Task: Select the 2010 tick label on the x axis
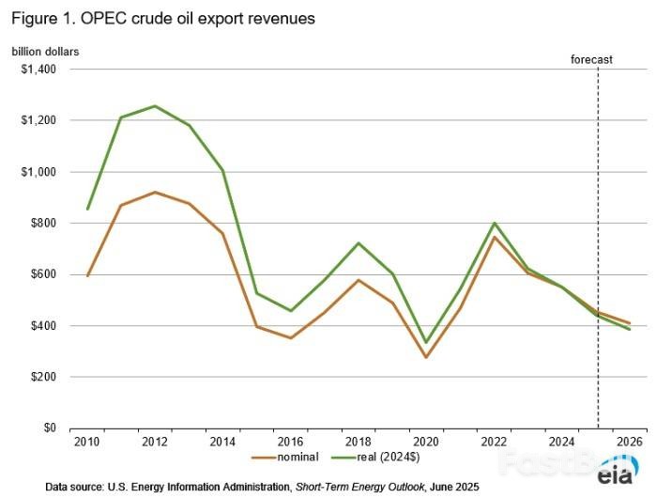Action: (87, 441)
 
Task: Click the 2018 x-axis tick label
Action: (359, 441)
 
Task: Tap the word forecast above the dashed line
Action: (591, 59)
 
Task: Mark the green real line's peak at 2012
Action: (155, 106)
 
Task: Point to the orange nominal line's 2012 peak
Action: (155, 192)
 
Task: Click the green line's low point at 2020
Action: (426, 343)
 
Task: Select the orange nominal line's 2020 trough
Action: (426, 357)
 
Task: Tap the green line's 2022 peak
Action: (494, 223)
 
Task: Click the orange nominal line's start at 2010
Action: (87, 275)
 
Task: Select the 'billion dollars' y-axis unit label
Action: (45, 51)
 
